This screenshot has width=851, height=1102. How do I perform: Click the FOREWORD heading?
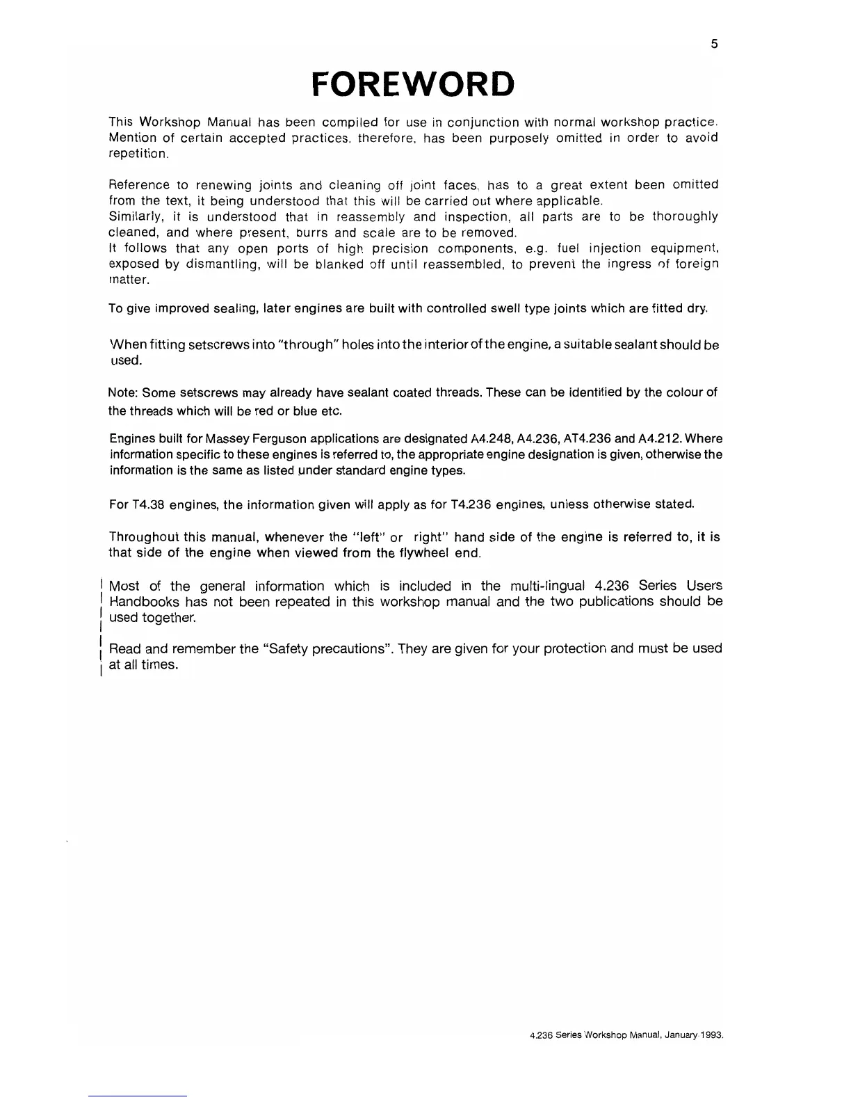point(413,84)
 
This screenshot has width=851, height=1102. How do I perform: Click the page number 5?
point(714,44)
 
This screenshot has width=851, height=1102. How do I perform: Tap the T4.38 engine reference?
point(146,504)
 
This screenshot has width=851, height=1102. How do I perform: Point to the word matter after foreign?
point(128,280)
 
